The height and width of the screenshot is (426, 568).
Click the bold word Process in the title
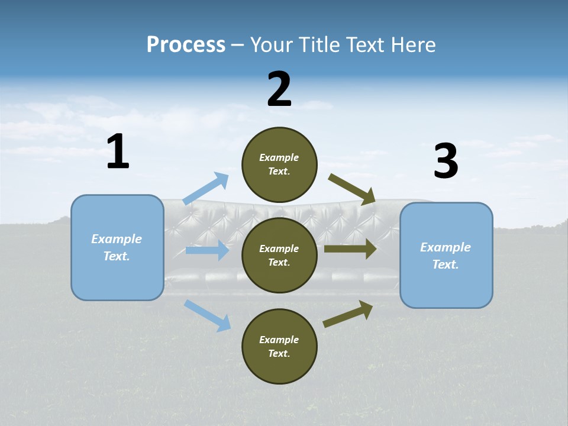[x=186, y=45]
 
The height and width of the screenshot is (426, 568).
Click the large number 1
[x=118, y=152]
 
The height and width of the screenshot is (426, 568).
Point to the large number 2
[x=279, y=90]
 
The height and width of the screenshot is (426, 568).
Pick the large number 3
[x=446, y=162]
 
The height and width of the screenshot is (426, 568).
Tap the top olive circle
[x=279, y=164]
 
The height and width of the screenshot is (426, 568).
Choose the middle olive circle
[x=279, y=255]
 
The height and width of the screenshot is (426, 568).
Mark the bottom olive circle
[x=279, y=346]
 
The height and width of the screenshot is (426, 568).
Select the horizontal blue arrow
[x=207, y=250]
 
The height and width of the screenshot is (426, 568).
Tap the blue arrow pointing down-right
[x=207, y=315]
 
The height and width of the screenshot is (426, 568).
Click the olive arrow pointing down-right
[x=352, y=189]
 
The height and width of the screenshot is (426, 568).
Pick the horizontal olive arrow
[x=350, y=249]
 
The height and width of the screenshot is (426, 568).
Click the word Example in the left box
[x=117, y=239]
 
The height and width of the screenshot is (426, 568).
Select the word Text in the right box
[x=445, y=264]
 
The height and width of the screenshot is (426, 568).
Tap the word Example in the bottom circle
[x=279, y=340]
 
